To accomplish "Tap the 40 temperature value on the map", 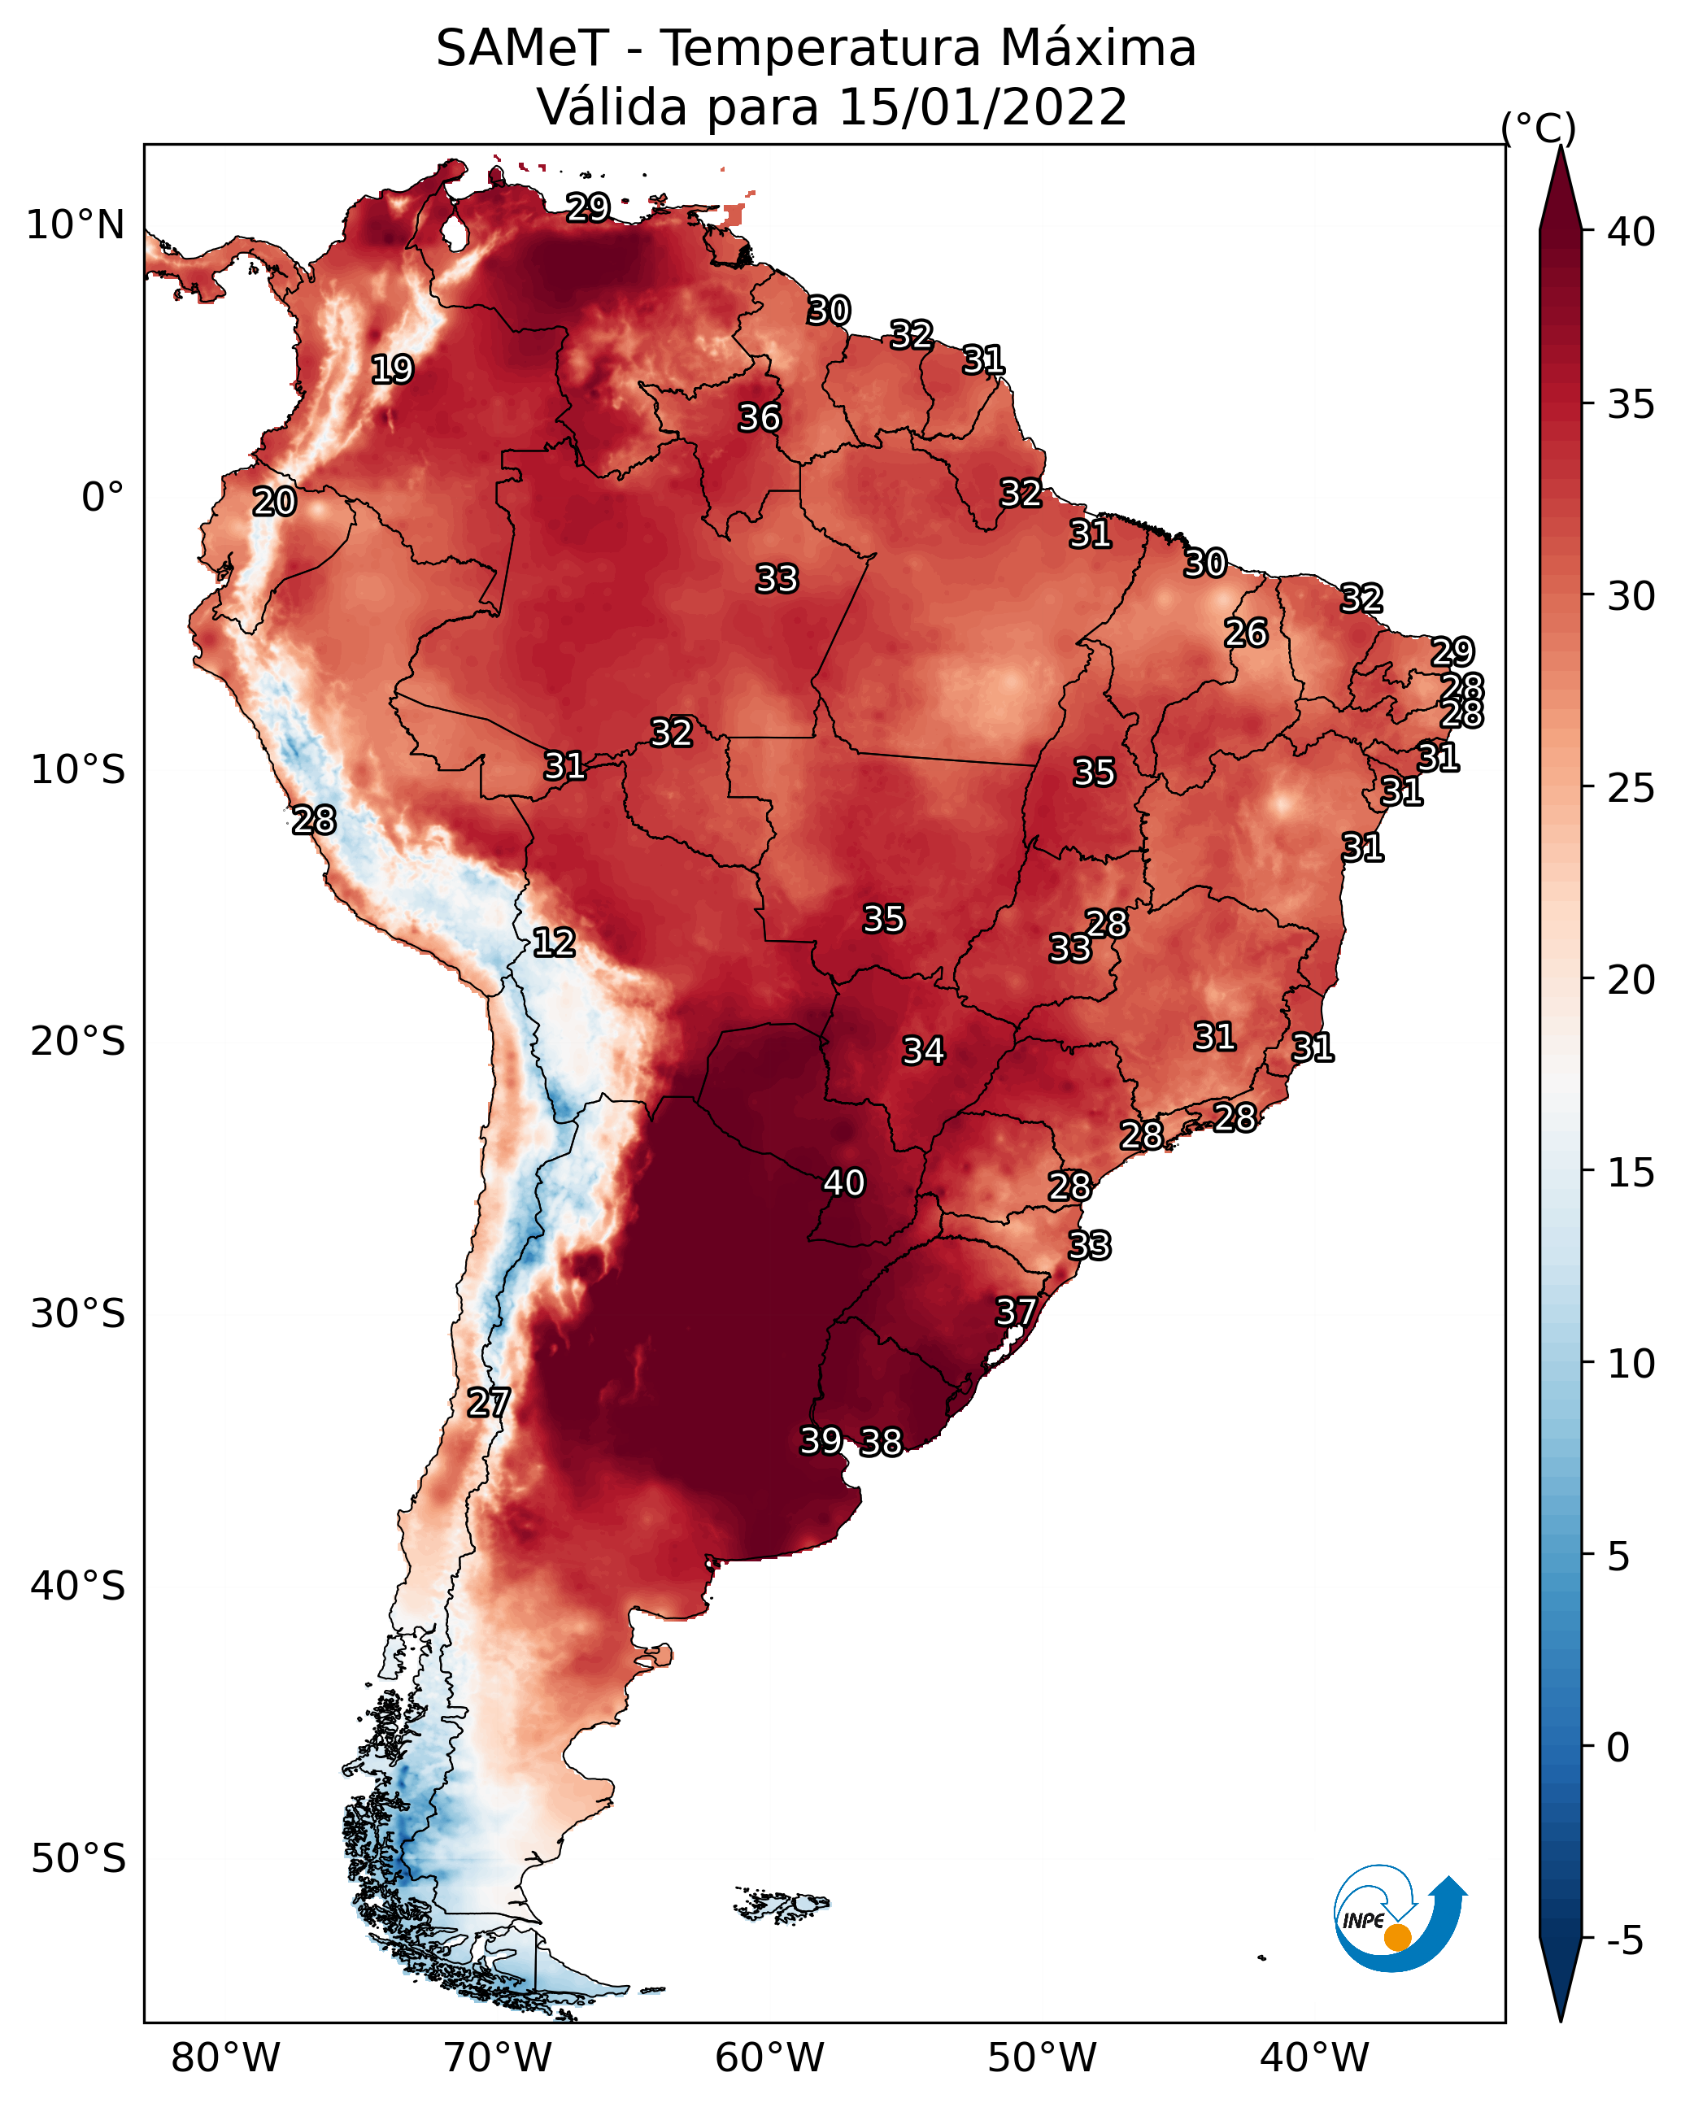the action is tap(844, 1182).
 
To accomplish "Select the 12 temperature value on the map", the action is tap(554, 943).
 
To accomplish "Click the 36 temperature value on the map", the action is tap(759, 417).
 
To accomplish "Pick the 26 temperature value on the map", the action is tap(1246, 633).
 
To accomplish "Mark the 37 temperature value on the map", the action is tap(1016, 1312).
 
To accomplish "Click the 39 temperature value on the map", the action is tap(821, 1439).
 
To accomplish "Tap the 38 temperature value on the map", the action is tap(881, 1442).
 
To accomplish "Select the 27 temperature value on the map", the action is tap(489, 1403).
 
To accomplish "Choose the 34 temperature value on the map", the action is tap(923, 1051).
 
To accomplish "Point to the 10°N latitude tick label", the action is tap(75, 225).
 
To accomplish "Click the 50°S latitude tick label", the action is tap(78, 1859).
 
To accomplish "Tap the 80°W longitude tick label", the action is tap(225, 2058).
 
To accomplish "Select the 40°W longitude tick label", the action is tap(1314, 2058).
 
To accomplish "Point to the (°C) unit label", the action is tap(1538, 128).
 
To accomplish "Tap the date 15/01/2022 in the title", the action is tap(982, 107).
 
